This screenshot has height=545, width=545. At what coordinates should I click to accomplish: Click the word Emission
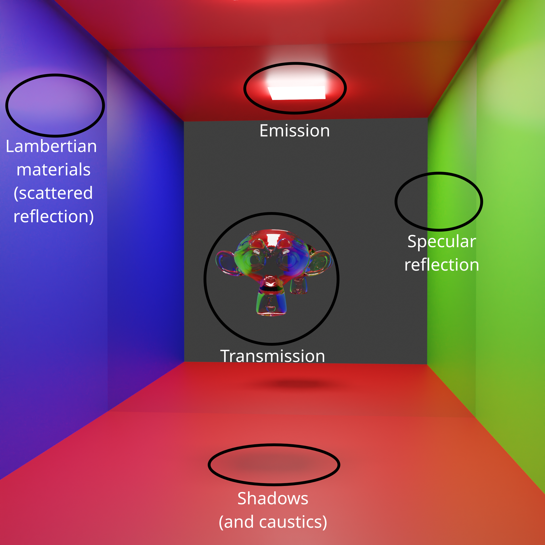[x=295, y=131]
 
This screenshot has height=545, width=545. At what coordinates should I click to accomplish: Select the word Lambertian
[x=51, y=146]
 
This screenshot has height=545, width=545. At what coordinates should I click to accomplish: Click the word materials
[x=53, y=170]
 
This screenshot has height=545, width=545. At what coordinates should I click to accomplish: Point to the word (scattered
[x=53, y=193]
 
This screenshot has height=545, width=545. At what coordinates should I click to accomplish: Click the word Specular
[x=442, y=242]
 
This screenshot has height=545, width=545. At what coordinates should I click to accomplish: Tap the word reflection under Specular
[x=442, y=265]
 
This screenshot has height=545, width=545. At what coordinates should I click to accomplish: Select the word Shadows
[x=273, y=498]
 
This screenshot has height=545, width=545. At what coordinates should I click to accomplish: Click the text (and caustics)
[x=273, y=522]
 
